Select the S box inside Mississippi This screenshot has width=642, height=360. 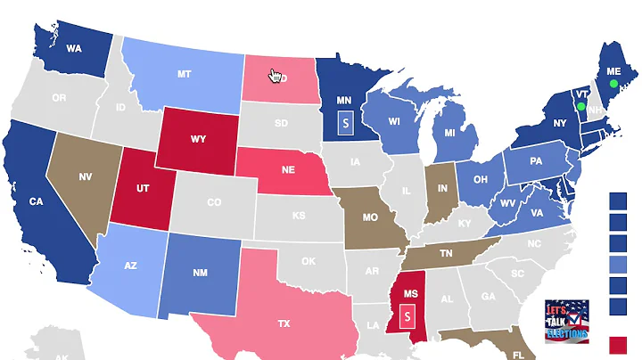coord(407,315)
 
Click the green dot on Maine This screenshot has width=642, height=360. coord(613,84)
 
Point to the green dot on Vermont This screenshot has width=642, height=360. coord(580,106)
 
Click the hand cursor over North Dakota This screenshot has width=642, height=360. coord(276,76)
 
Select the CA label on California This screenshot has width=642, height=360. coord(36,201)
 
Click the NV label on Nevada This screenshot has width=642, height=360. coord(86,177)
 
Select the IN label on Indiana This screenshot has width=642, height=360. coord(442,189)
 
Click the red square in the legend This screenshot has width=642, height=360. coord(618,345)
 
